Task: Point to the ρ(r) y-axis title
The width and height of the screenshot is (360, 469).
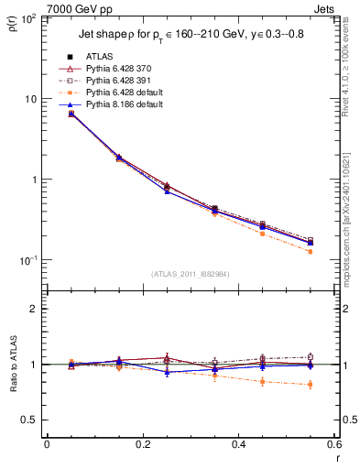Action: coord(12,27)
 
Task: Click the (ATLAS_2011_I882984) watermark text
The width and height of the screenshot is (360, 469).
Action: coord(190,274)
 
